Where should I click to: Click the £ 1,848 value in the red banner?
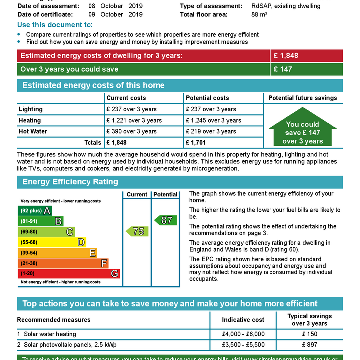coord(286,55)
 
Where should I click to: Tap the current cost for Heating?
coord(134,120)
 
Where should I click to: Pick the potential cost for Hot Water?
coord(211,131)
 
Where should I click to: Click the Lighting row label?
coord(30,109)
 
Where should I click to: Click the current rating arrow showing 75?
coord(137,231)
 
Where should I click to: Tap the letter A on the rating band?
coord(47,210)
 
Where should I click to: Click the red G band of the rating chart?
coord(69,273)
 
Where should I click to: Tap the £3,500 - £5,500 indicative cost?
coord(243,345)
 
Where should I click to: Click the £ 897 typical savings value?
coord(309,345)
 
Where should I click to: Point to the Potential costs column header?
coord(207,98)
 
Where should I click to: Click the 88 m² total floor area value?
coord(260,14)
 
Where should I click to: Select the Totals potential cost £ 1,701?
coord(197,143)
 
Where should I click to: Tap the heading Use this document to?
coord(55,25)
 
